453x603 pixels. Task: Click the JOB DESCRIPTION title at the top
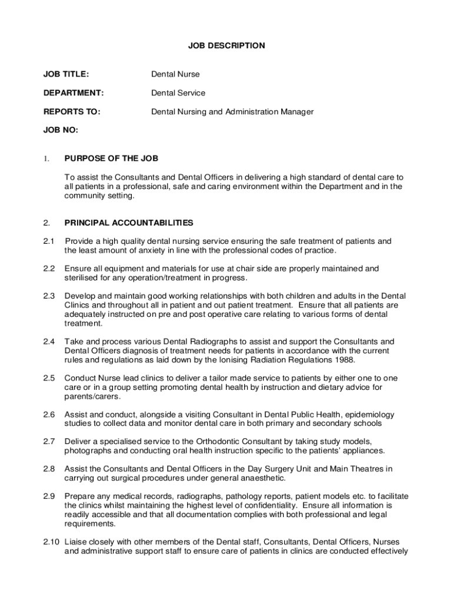pos(226,45)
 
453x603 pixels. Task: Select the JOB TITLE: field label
pos(66,74)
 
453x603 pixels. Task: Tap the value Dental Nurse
pos(175,74)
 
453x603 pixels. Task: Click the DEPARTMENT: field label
pos(73,93)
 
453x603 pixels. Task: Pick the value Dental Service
pos(178,93)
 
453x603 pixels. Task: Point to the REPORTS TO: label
pos(71,111)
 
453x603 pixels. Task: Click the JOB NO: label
pos(60,130)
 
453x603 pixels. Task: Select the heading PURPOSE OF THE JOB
pos(111,158)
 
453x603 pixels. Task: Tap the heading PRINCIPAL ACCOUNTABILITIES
pos(128,223)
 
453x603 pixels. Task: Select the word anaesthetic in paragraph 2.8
pos(261,478)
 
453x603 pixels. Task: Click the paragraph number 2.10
pos(51,542)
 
